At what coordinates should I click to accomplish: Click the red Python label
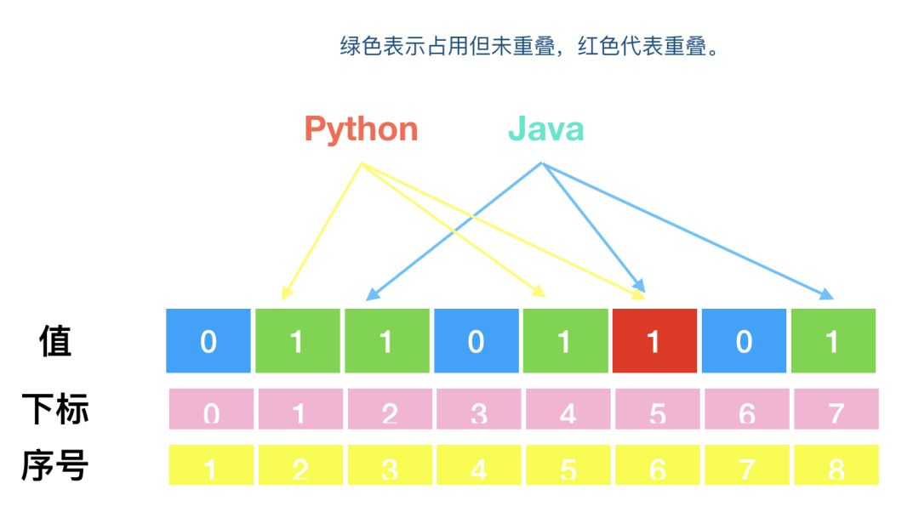(361, 129)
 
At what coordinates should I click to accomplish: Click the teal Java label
(545, 129)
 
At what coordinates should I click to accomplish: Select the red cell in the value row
(654, 340)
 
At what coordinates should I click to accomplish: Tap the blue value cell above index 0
(208, 340)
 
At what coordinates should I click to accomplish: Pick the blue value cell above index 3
(476, 340)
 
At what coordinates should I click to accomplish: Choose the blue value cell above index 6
(743, 340)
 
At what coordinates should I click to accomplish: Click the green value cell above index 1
(297, 340)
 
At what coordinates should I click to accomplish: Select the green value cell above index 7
(833, 340)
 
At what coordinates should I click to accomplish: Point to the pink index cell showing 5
(657, 409)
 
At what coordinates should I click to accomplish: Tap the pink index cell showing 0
(211, 409)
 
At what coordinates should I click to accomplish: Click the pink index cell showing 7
(836, 409)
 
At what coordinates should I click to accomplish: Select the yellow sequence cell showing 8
(836, 465)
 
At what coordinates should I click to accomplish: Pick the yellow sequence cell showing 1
(211, 465)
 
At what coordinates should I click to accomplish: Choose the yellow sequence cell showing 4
(479, 465)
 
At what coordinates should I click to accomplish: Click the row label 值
(56, 340)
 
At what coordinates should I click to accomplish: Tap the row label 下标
(55, 410)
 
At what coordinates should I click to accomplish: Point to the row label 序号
(55, 465)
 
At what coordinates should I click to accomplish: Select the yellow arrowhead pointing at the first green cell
(287, 293)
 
